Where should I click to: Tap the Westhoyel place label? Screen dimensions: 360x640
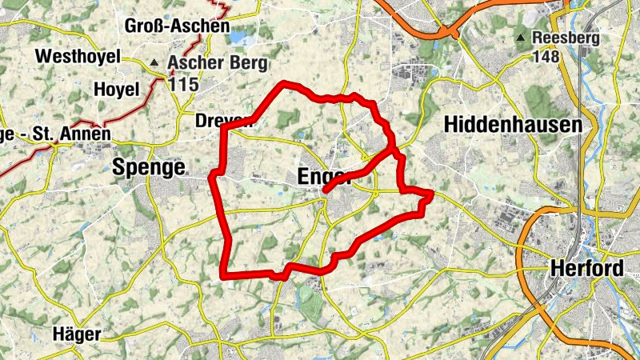78,56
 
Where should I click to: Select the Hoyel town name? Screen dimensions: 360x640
117,89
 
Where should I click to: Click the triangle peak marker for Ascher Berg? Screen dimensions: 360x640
154,62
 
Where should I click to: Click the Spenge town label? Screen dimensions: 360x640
149,166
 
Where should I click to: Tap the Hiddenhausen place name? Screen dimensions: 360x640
511,125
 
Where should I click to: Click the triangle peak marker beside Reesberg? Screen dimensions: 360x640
522,38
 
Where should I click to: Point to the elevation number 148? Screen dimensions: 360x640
548,56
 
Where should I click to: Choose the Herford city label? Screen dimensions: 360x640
587,270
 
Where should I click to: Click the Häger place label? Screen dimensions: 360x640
77,334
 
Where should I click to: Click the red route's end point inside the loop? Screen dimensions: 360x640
326,190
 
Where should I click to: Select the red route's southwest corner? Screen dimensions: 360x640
223,276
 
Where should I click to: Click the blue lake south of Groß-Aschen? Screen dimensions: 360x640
238,37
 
